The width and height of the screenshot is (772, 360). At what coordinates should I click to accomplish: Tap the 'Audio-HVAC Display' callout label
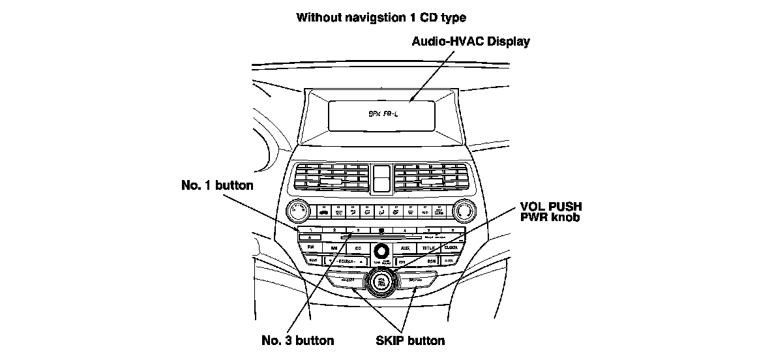click(x=471, y=42)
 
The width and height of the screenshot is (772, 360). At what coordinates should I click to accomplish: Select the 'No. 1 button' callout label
click(x=217, y=185)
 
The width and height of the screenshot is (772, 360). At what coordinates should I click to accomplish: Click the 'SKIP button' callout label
click(x=411, y=340)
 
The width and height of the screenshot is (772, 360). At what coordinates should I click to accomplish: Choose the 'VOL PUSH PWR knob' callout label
click(x=551, y=211)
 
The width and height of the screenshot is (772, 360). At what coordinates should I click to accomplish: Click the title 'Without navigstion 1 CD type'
click(x=381, y=17)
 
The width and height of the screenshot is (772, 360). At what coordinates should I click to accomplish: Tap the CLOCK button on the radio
click(x=451, y=248)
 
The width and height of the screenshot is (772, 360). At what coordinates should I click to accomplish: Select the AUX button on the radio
click(x=406, y=248)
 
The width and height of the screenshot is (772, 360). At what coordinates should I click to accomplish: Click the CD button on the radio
click(x=358, y=248)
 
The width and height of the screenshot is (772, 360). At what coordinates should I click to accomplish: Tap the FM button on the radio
click(x=310, y=248)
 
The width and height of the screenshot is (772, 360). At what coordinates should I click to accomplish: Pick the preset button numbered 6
click(x=451, y=230)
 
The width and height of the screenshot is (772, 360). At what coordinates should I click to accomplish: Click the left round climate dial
click(x=299, y=211)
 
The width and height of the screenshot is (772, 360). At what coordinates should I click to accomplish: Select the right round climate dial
click(x=464, y=211)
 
